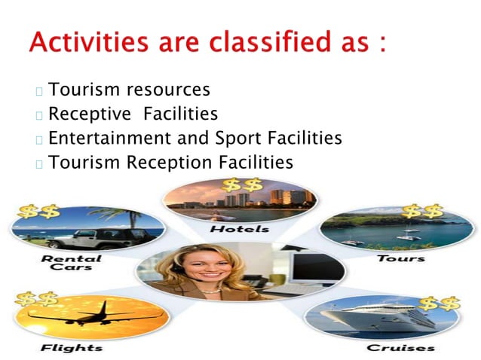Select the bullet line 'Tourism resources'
[129, 90]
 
